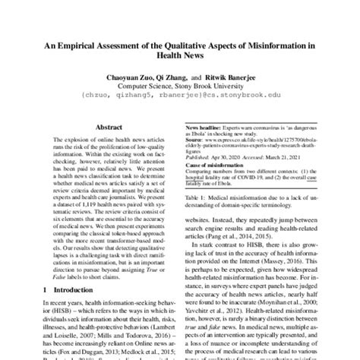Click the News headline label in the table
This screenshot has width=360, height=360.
pos(204,131)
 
